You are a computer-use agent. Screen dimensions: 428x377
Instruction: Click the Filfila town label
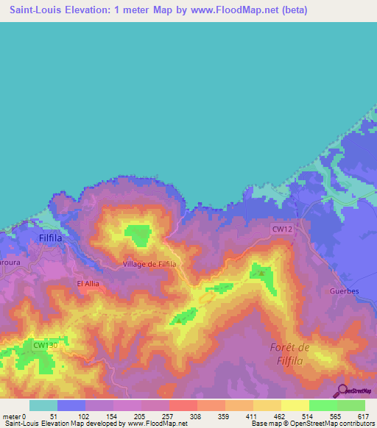click(x=54, y=239)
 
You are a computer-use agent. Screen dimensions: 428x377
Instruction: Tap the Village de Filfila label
click(x=149, y=263)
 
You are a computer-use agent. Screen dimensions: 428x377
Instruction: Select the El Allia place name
click(x=88, y=282)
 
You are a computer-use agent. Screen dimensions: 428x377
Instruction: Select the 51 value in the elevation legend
click(x=54, y=416)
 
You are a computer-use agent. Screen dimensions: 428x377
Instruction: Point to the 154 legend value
click(x=112, y=416)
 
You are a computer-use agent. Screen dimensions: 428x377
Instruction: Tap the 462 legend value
click(x=280, y=416)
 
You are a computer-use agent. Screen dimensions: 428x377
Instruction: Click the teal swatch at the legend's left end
click(x=43, y=405)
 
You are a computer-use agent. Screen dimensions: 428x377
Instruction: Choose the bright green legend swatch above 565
click(x=323, y=405)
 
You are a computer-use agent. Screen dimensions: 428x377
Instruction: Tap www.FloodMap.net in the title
click(x=236, y=10)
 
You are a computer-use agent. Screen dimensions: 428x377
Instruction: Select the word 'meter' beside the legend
click(x=11, y=416)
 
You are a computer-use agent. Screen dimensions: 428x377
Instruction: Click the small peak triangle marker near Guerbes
click(x=261, y=273)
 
